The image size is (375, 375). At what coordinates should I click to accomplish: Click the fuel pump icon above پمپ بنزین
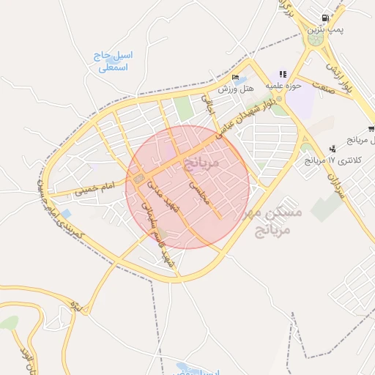tap(324, 18)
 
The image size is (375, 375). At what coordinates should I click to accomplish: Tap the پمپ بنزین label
tap(325, 29)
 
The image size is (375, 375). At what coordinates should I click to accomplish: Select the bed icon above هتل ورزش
tap(235, 78)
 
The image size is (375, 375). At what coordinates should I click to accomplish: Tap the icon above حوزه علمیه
tap(283, 75)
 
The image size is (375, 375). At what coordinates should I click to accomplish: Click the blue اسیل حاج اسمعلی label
tap(113, 62)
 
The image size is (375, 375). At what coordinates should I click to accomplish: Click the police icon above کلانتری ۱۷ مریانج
tap(333, 149)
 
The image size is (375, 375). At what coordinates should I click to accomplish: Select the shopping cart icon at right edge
tap(371, 129)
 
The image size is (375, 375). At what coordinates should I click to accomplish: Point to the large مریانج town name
tap(198, 160)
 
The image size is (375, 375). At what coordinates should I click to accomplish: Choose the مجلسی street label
tap(199, 193)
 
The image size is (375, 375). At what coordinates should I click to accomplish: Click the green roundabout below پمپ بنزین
tap(316, 40)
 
